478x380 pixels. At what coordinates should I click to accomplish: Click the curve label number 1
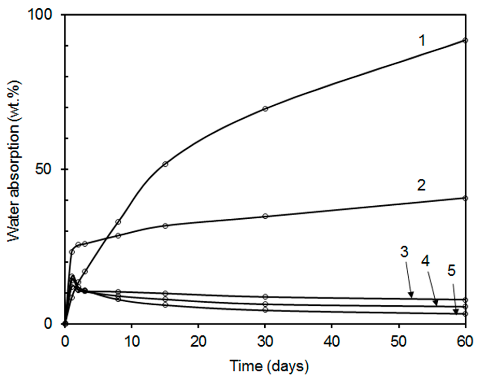[422, 41]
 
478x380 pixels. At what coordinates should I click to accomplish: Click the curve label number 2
[421, 185]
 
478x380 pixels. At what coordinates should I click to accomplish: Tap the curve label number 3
[404, 252]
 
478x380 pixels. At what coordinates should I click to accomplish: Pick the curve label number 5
[451, 271]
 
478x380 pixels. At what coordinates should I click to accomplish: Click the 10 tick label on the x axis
[132, 342]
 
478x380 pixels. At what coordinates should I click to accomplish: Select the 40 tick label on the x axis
[332, 342]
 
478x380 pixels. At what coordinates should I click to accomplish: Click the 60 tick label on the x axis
[465, 342]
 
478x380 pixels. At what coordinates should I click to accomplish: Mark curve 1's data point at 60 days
[465, 40]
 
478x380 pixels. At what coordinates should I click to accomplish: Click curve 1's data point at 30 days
[265, 109]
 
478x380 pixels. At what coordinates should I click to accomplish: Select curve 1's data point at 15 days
[165, 164]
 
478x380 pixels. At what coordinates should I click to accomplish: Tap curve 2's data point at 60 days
[465, 198]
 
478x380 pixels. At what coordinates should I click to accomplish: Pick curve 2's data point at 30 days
[265, 216]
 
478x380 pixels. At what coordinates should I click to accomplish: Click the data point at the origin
[65, 324]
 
